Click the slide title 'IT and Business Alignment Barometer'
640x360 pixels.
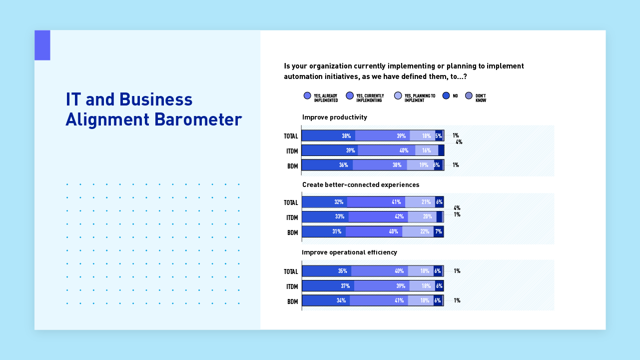(x=153, y=109)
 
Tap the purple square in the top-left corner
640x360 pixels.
(x=42, y=45)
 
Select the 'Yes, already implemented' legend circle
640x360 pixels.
(x=307, y=95)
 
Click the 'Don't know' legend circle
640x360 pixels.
(x=469, y=95)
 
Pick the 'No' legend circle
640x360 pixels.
(x=446, y=95)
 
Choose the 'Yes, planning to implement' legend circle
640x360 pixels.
(x=398, y=95)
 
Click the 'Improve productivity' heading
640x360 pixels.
(x=334, y=117)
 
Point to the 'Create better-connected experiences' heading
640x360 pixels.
(x=360, y=185)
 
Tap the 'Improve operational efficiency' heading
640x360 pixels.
(x=349, y=252)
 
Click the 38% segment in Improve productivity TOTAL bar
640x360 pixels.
(x=329, y=135)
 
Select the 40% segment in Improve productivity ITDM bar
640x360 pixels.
(x=386, y=150)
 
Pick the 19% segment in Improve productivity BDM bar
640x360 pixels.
(x=420, y=165)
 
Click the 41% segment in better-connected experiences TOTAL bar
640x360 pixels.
(x=376, y=202)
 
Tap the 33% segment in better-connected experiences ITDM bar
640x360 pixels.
(x=325, y=217)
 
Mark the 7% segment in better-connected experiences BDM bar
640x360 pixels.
(x=438, y=231)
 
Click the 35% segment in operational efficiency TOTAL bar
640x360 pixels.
(x=327, y=271)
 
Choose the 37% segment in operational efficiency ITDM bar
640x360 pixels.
(x=328, y=286)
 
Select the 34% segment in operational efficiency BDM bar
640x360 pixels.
(x=326, y=300)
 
